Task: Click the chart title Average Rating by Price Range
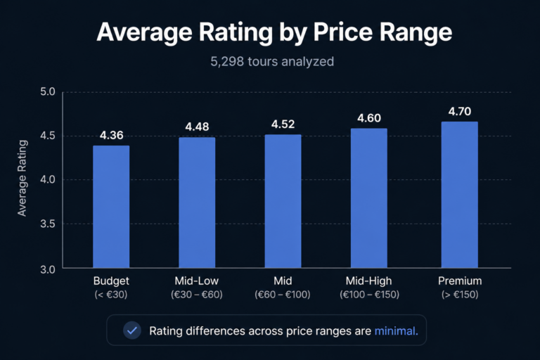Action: [274, 33]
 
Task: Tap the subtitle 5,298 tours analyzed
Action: [272, 62]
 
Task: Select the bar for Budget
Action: [111, 207]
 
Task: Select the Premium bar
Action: [459, 195]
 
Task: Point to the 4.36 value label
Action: [111, 136]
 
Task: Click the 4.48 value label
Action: [197, 127]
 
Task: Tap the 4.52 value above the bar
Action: [283, 124]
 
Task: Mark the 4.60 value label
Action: [368, 118]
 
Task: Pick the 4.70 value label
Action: [459, 111]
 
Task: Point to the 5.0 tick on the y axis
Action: [47, 92]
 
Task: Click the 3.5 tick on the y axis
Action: [47, 224]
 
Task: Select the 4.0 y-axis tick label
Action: [47, 180]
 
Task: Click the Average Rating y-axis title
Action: [22, 178]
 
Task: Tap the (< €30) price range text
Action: [111, 295]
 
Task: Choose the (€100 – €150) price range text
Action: [368, 295]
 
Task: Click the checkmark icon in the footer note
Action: [131, 330]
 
